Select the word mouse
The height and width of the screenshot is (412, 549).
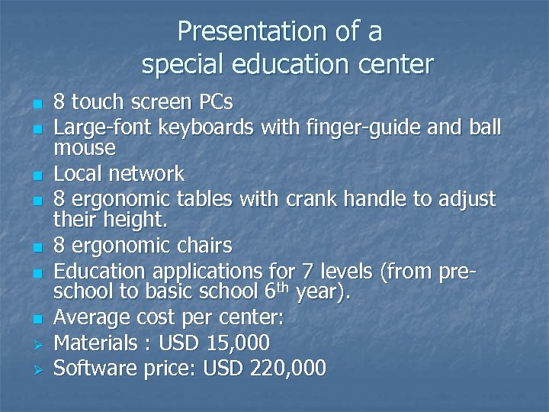[85, 146]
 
